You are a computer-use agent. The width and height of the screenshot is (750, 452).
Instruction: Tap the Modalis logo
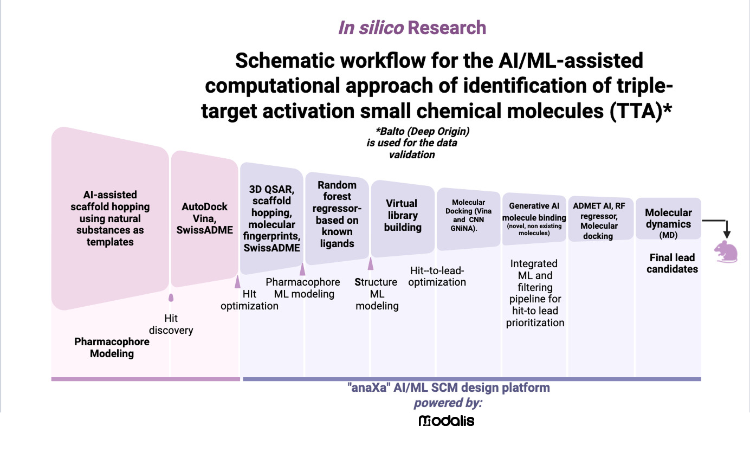pyautogui.click(x=447, y=421)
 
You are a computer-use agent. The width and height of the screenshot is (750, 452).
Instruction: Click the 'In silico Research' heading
pyautogui.click(x=412, y=28)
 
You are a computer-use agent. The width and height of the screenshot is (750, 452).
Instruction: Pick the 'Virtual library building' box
pyautogui.click(x=402, y=216)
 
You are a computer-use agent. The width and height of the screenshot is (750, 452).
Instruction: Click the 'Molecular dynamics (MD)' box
pyautogui.click(x=668, y=223)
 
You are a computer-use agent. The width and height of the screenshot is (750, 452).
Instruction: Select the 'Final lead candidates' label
pyautogui.click(x=672, y=263)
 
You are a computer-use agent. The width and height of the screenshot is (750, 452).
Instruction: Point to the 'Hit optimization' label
pyautogui.click(x=249, y=300)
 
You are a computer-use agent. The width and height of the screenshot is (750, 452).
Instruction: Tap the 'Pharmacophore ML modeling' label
pyautogui.click(x=303, y=288)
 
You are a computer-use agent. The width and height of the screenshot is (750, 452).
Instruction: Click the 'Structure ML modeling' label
pyautogui.click(x=377, y=294)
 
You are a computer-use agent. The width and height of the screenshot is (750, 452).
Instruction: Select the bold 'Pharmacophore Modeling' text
pyautogui.click(x=112, y=348)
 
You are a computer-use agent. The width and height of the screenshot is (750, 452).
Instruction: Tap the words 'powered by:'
pyautogui.click(x=448, y=403)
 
